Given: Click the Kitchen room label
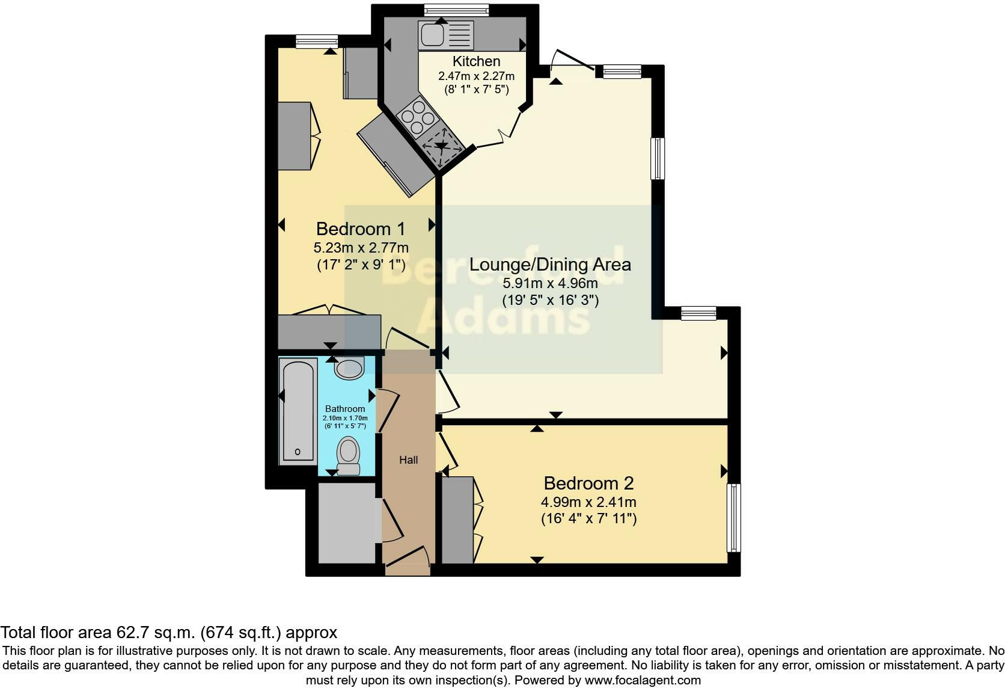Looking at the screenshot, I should [x=476, y=61].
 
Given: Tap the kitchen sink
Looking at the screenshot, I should [x=432, y=34].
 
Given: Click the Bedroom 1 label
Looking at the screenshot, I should [x=361, y=229].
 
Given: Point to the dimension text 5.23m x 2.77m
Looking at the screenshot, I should [x=361, y=247].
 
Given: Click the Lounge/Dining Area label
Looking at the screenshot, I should [x=550, y=265].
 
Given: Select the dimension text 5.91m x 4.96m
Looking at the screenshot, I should [x=550, y=283].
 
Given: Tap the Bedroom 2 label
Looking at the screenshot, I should [x=588, y=484].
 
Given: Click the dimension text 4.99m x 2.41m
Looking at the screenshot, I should [x=588, y=502].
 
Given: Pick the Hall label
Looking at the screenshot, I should [x=409, y=460].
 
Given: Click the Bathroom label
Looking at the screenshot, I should [x=345, y=409].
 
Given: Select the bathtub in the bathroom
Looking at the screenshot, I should [x=298, y=411].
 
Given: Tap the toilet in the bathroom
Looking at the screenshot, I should [x=349, y=456].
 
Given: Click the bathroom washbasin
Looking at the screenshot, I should [x=349, y=367].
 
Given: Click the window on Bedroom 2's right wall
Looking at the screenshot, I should [x=733, y=518].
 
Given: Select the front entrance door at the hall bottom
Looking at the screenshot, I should [x=407, y=558].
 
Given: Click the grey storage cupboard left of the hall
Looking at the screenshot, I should [x=346, y=523].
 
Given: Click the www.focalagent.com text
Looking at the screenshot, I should [x=643, y=681].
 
